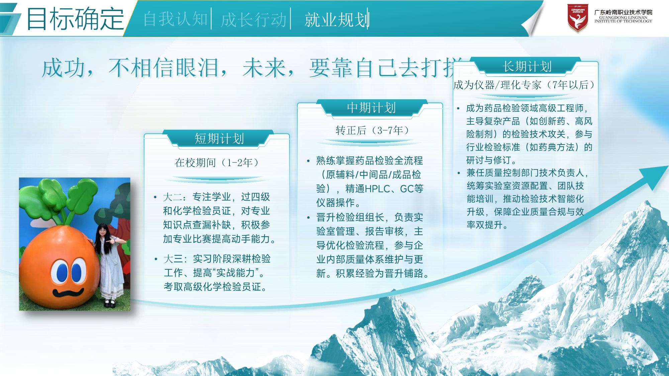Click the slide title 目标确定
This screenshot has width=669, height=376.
tap(75, 19)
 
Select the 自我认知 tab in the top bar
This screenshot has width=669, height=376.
tap(176, 19)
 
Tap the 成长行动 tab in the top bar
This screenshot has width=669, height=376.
tap(254, 19)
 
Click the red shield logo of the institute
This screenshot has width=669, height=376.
tap(578, 18)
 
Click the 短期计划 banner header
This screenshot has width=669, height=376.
tap(219, 138)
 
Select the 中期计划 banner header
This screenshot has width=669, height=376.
tap(371, 108)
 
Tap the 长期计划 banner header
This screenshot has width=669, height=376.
tap(527, 66)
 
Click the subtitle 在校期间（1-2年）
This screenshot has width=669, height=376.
tap(217, 163)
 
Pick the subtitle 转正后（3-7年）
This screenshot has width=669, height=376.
tap(372, 130)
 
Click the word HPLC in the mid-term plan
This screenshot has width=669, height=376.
tap(377, 189)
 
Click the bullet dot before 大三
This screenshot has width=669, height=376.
tap(156, 259)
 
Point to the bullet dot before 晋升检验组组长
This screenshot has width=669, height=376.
tap(308, 218)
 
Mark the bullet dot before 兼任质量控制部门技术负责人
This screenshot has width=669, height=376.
tap(459, 173)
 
